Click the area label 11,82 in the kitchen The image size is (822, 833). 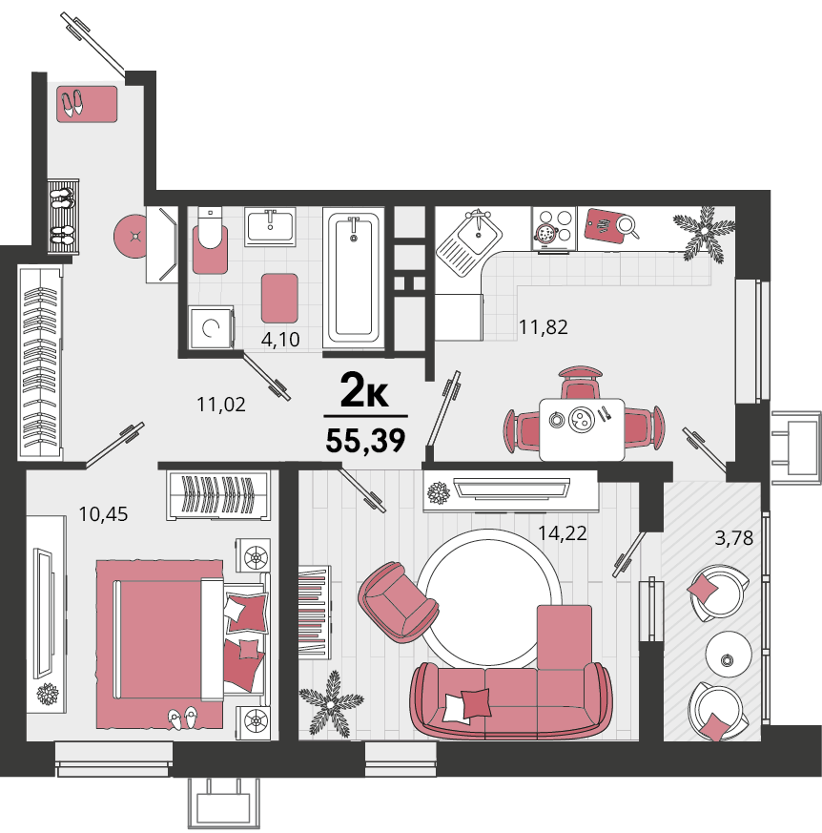(x=543, y=327)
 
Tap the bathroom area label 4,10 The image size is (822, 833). (x=280, y=339)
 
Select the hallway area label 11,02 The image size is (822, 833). (x=221, y=405)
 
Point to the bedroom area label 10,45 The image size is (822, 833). (x=103, y=514)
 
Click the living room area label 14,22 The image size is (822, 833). (x=563, y=532)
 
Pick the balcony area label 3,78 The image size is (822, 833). (x=734, y=538)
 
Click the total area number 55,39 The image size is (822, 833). (x=365, y=441)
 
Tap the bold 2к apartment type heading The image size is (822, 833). (x=364, y=390)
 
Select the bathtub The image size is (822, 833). (x=353, y=278)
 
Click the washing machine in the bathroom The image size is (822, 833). (x=212, y=328)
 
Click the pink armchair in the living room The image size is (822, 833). (x=398, y=601)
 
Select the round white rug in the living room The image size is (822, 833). (x=488, y=597)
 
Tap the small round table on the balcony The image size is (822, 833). (x=729, y=654)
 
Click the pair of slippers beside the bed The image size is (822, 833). (x=183, y=718)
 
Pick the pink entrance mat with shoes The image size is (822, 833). (x=87, y=104)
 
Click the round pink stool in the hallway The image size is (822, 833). (x=131, y=237)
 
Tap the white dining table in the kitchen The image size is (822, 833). (x=582, y=429)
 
